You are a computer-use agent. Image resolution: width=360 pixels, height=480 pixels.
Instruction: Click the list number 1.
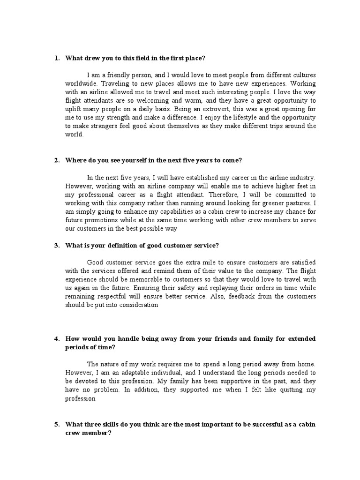coord(56,59)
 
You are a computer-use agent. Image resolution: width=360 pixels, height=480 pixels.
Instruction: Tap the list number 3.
coord(56,245)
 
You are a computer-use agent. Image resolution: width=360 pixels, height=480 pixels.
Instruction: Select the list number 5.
coord(56,425)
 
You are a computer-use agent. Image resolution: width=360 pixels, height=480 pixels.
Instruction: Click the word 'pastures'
coord(298,203)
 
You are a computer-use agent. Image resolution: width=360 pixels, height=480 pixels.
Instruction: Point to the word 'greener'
coord(270,203)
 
